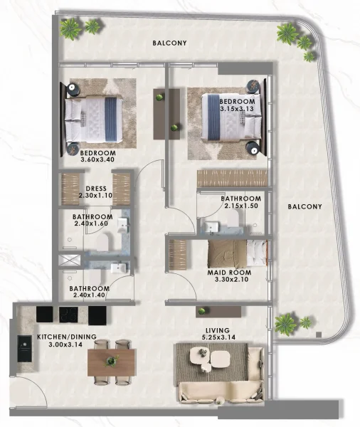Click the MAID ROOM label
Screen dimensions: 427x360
227,272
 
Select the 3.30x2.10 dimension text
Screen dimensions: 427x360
227,280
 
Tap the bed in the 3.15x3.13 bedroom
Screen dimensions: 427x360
231,117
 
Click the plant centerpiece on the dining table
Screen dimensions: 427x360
110,361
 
